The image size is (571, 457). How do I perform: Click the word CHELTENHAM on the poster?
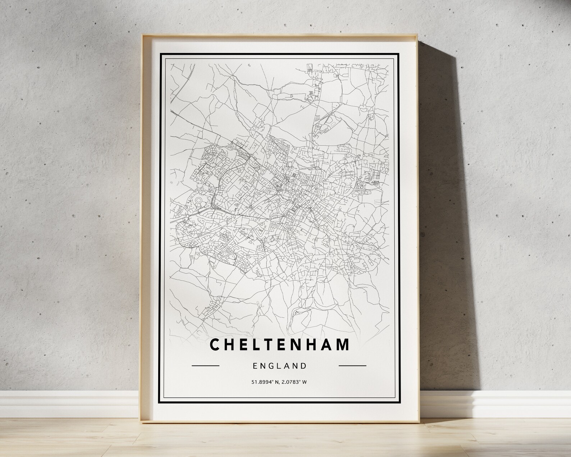279,344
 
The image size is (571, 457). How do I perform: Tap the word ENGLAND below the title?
279,366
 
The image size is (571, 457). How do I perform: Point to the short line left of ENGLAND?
206,366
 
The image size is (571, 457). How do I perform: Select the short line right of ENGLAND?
352,366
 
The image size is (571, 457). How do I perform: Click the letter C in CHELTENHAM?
215,344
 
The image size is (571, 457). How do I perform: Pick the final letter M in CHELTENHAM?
343,344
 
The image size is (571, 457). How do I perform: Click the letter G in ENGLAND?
271,366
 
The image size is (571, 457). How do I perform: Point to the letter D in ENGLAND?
304,366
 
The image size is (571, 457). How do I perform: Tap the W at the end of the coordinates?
305,382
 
